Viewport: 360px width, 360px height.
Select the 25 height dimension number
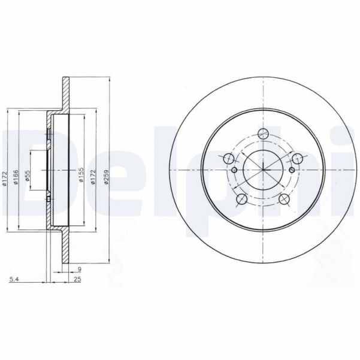pyautogui.click(x=77, y=279)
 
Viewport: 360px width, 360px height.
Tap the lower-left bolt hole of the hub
pyautogui.click(x=242, y=199)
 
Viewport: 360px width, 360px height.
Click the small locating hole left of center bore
pyautogui.click(x=234, y=170)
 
